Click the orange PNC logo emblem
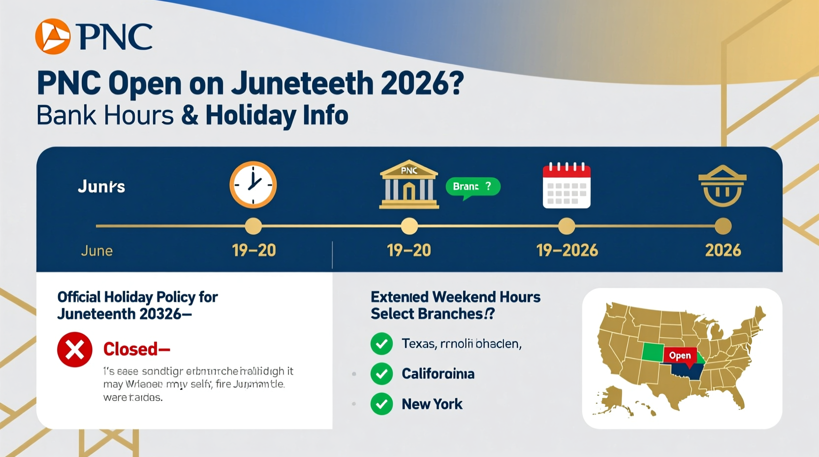pyautogui.click(x=53, y=36)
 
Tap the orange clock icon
pyautogui.click(x=253, y=185)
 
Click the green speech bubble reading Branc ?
pyautogui.click(x=472, y=187)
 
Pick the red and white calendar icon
pyautogui.click(x=567, y=185)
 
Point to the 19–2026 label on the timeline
pyautogui.click(x=567, y=250)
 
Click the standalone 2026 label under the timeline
pyautogui.click(x=723, y=250)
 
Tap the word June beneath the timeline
pyautogui.click(x=97, y=251)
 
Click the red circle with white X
pyautogui.click(x=75, y=350)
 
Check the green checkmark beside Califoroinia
pyautogui.click(x=381, y=374)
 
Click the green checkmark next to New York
pyautogui.click(x=381, y=404)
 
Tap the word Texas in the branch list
pyautogui.click(x=418, y=343)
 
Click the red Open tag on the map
pyautogui.click(x=680, y=356)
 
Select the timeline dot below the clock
pyautogui.click(x=253, y=227)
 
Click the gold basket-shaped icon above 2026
pyautogui.click(x=722, y=186)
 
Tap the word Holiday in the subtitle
pyautogui.click(x=250, y=115)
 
